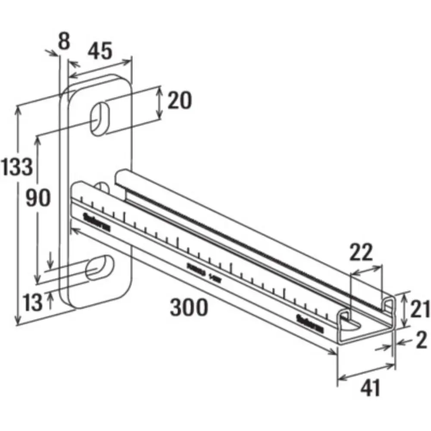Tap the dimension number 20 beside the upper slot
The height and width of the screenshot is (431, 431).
pyautogui.click(x=179, y=101)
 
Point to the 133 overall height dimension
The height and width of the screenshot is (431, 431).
pyautogui.click(x=16, y=167)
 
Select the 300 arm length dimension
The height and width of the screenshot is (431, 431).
pyautogui.click(x=189, y=308)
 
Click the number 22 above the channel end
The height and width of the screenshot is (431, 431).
pyautogui.click(x=361, y=253)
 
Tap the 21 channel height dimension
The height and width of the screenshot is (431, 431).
pyautogui.click(x=419, y=309)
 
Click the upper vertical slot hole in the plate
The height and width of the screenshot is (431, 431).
pyautogui.click(x=100, y=116)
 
